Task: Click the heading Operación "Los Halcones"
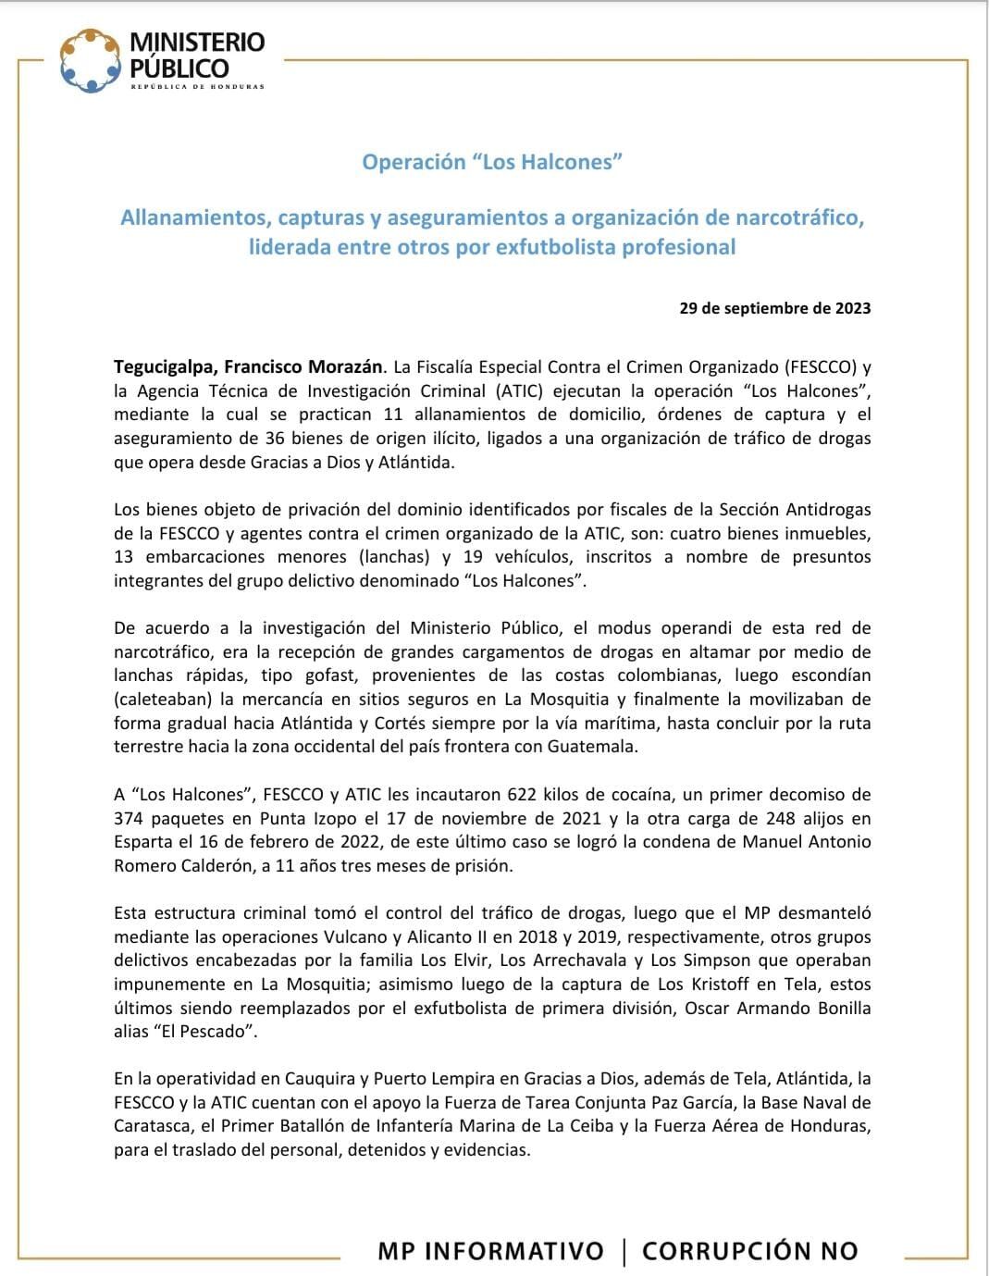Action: (491, 162)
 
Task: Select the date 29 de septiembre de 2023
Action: (774, 308)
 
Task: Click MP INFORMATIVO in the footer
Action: (490, 1251)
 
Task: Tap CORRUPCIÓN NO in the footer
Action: (749, 1251)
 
